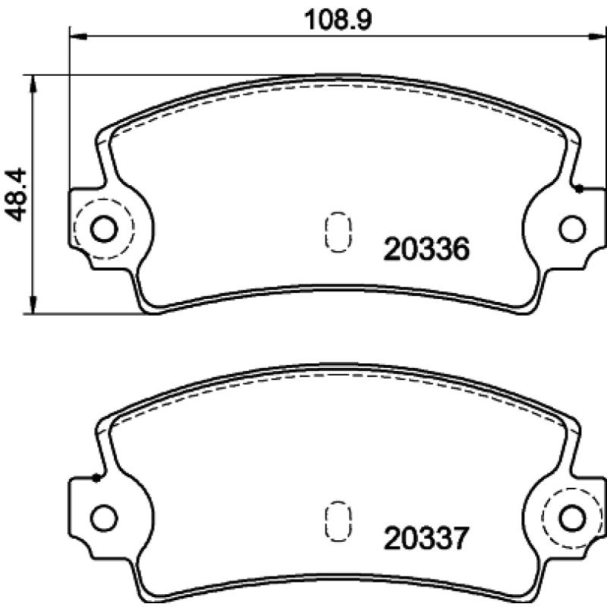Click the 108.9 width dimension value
pyautogui.click(x=338, y=20)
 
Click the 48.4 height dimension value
pyautogui.click(x=15, y=194)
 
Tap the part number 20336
pyautogui.click(x=426, y=249)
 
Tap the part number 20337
pyautogui.click(x=426, y=539)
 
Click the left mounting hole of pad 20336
pyautogui.click(x=104, y=229)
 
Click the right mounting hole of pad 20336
pyautogui.click(x=572, y=229)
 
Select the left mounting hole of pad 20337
pyautogui.click(x=104, y=518)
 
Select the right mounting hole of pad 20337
pyautogui.click(x=572, y=518)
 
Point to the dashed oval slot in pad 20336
pyautogui.click(x=338, y=232)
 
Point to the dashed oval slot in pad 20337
pyautogui.click(x=338, y=521)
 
